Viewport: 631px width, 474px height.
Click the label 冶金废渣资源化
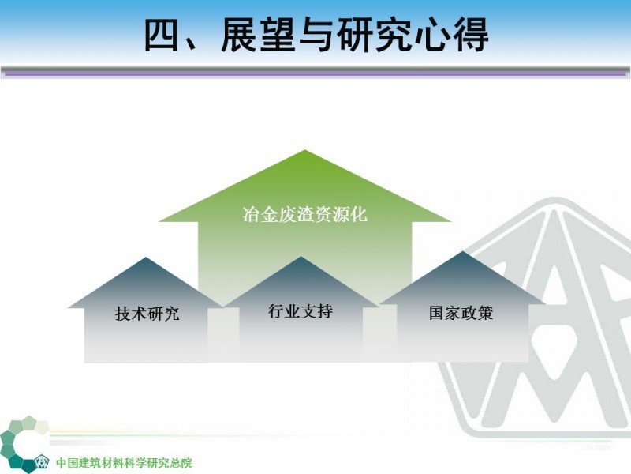pos(305,214)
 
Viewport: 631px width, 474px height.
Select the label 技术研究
pos(147,314)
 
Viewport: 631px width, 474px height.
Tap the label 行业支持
pos(301,311)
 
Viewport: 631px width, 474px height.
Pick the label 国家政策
pos(461,313)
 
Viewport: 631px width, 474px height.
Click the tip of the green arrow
pos(304,150)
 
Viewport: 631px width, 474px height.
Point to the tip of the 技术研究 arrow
pos(146,258)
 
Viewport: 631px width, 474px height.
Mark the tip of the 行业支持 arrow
pos(301,257)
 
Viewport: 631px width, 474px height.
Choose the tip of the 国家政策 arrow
pos(463,252)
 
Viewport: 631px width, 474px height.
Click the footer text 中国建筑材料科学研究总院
pos(124,463)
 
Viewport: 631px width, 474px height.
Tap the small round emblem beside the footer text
pos(41,461)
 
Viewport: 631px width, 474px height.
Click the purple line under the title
pos(315,74)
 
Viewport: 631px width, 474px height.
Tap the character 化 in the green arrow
pos(359,214)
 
